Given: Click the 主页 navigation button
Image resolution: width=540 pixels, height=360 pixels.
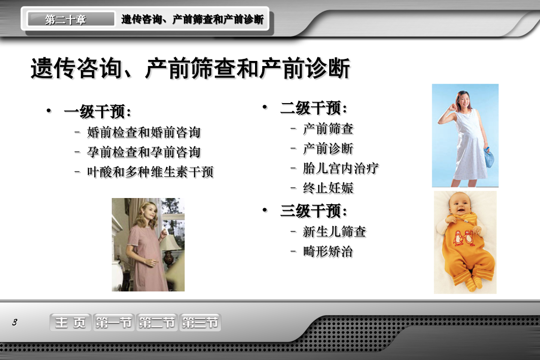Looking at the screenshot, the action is (71, 322).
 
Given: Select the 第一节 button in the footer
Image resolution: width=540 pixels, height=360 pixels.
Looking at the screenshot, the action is (114, 322).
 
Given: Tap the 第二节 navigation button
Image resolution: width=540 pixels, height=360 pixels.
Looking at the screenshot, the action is (156, 322).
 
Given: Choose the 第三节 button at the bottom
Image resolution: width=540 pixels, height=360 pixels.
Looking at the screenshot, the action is (200, 322).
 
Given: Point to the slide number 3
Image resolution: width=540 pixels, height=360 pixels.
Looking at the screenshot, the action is (14, 322).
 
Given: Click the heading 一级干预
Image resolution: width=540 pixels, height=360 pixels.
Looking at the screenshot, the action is (98, 112).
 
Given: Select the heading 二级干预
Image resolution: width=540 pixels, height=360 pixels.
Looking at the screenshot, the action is (314, 108).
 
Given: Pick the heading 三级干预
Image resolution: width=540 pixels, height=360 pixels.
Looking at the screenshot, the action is (314, 211).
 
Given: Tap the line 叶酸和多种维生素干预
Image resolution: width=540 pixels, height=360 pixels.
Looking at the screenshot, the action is (150, 172).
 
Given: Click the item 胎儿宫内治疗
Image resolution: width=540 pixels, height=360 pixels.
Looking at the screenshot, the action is (340, 168).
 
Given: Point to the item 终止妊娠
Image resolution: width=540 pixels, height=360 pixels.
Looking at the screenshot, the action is (328, 188).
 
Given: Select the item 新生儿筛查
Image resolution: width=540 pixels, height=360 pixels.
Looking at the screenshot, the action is (334, 232).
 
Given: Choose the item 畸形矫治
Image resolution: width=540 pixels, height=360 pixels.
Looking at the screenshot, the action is (328, 251).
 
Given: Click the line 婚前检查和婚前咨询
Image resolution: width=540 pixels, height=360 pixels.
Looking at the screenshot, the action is (144, 132).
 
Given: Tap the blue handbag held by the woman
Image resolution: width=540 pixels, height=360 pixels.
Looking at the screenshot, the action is (489, 157).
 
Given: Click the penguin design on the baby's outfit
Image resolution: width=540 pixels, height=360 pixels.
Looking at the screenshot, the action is (463, 238).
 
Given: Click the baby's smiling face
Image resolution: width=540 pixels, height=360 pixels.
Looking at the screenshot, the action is (459, 204).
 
